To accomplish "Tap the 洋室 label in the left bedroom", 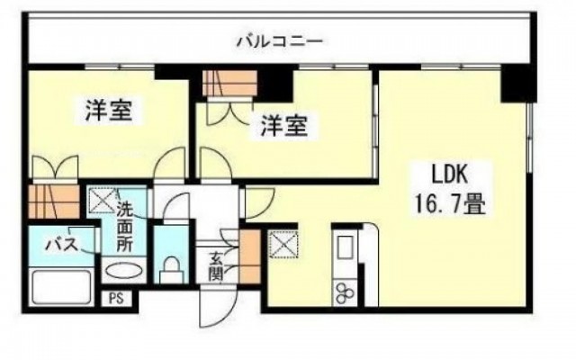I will pos(109,112).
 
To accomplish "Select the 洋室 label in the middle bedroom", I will pos(284,127).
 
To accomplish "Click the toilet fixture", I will pos(168,267).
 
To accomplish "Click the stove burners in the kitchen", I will pos(345,289).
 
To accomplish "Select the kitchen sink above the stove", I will pos(345,247).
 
